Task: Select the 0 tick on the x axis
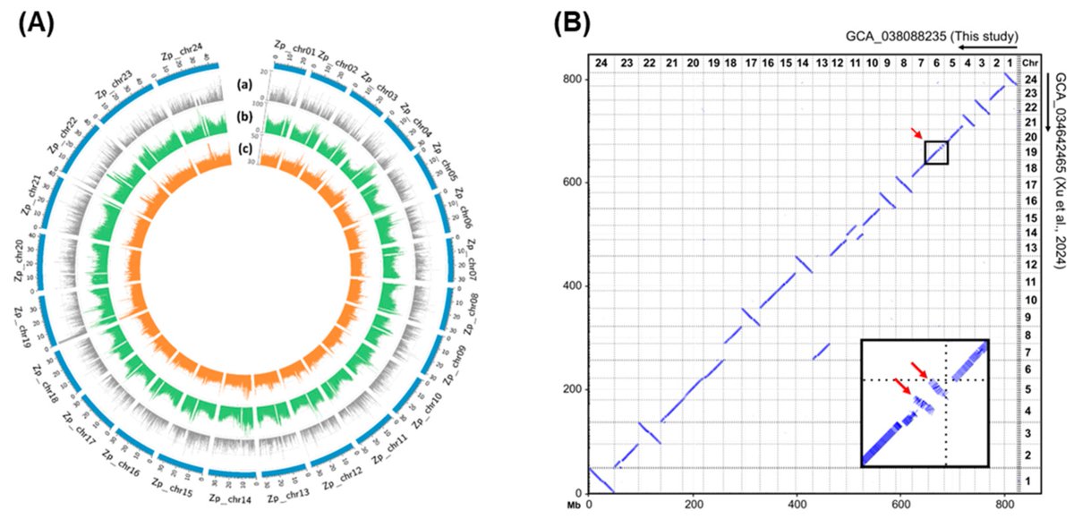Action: [589, 505]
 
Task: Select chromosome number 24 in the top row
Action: [601, 62]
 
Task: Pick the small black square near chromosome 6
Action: [935, 152]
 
